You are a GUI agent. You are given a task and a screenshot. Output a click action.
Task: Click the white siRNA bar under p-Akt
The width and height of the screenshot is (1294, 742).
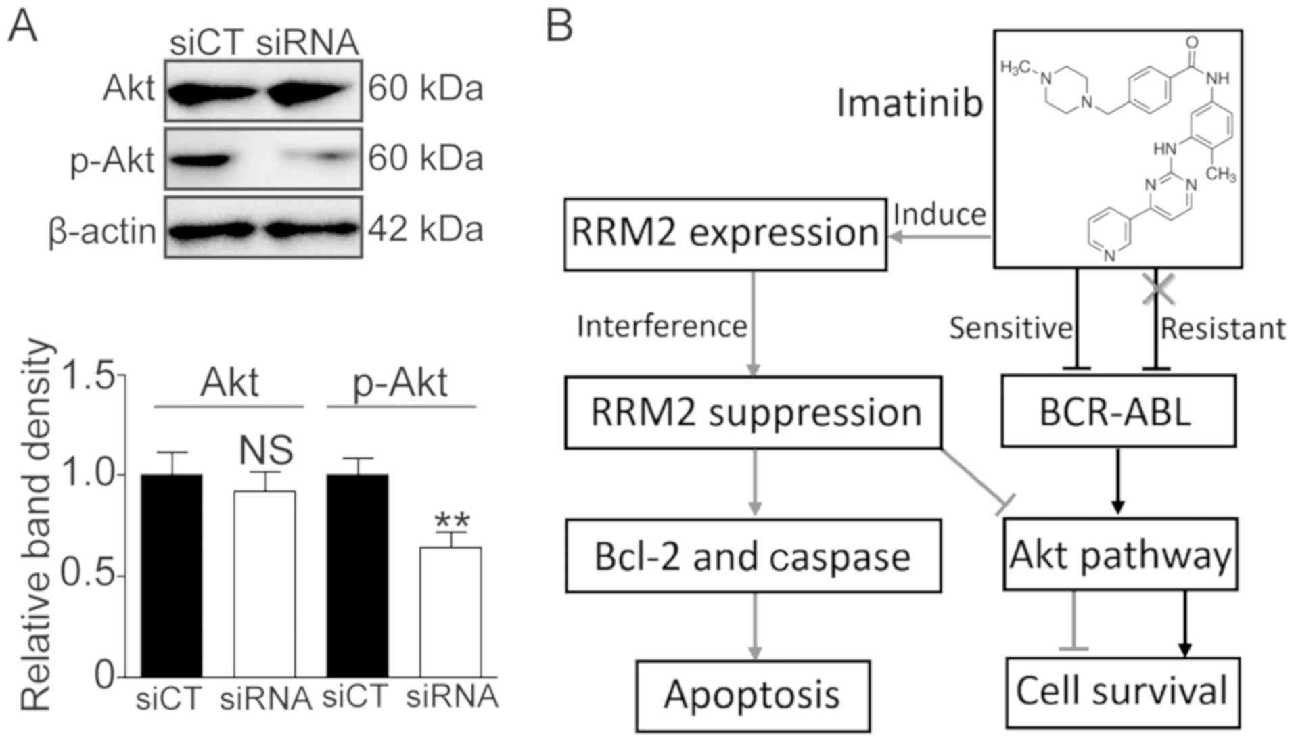450,611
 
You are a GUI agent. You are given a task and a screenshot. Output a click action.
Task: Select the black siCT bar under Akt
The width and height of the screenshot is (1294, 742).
171,575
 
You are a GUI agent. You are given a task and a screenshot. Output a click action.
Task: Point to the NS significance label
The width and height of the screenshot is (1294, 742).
266,450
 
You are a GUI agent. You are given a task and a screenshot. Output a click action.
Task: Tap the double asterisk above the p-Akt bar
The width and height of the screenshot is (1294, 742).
452,521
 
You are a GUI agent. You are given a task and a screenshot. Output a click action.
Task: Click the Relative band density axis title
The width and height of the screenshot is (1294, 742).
35,524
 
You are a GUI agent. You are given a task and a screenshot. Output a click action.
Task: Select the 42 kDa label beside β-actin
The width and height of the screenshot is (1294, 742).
425,230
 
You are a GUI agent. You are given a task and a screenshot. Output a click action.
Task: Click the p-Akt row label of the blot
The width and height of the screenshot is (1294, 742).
113,161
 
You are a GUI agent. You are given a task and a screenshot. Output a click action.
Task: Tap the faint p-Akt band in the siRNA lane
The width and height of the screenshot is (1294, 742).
325,158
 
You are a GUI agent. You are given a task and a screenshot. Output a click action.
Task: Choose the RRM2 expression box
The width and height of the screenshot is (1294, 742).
725,234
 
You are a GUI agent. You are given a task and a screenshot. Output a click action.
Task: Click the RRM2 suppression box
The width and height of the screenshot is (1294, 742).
753,413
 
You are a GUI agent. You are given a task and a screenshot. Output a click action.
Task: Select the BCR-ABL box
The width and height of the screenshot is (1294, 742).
1117,411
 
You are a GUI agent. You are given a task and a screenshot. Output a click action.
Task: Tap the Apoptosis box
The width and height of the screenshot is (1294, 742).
752,695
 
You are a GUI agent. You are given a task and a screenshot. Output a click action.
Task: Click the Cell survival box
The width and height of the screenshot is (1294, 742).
1122,692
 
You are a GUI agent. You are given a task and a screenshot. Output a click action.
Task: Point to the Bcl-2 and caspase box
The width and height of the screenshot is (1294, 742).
752,556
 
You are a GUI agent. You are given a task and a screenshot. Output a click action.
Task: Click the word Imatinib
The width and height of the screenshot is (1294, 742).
909,104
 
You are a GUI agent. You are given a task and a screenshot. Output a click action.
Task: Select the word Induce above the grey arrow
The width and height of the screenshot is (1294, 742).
940,214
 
